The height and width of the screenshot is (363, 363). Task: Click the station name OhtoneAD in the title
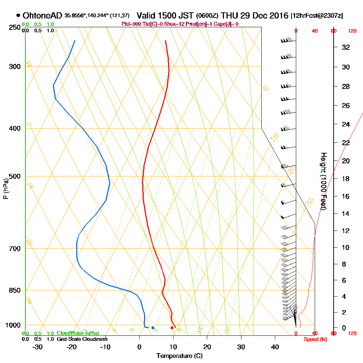(x=43, y=16)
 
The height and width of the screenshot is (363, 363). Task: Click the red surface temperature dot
(x=172, y=328)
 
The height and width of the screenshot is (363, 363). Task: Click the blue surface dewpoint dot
(x=153, y=328)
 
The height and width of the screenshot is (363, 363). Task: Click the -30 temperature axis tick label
(x=38, y=347)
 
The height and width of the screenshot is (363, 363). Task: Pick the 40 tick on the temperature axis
(x=275, y=347)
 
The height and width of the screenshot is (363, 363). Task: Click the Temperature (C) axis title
(x=179, y=356)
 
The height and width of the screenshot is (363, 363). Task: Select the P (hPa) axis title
(x=5, y=188)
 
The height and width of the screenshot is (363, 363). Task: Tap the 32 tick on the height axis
(x=346, y=47)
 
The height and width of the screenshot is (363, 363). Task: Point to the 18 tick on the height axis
(x=346, y=179)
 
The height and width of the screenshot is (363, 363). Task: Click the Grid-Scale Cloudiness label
(x=82, y=339)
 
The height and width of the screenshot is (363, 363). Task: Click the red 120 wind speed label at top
(x=352, y=31)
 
